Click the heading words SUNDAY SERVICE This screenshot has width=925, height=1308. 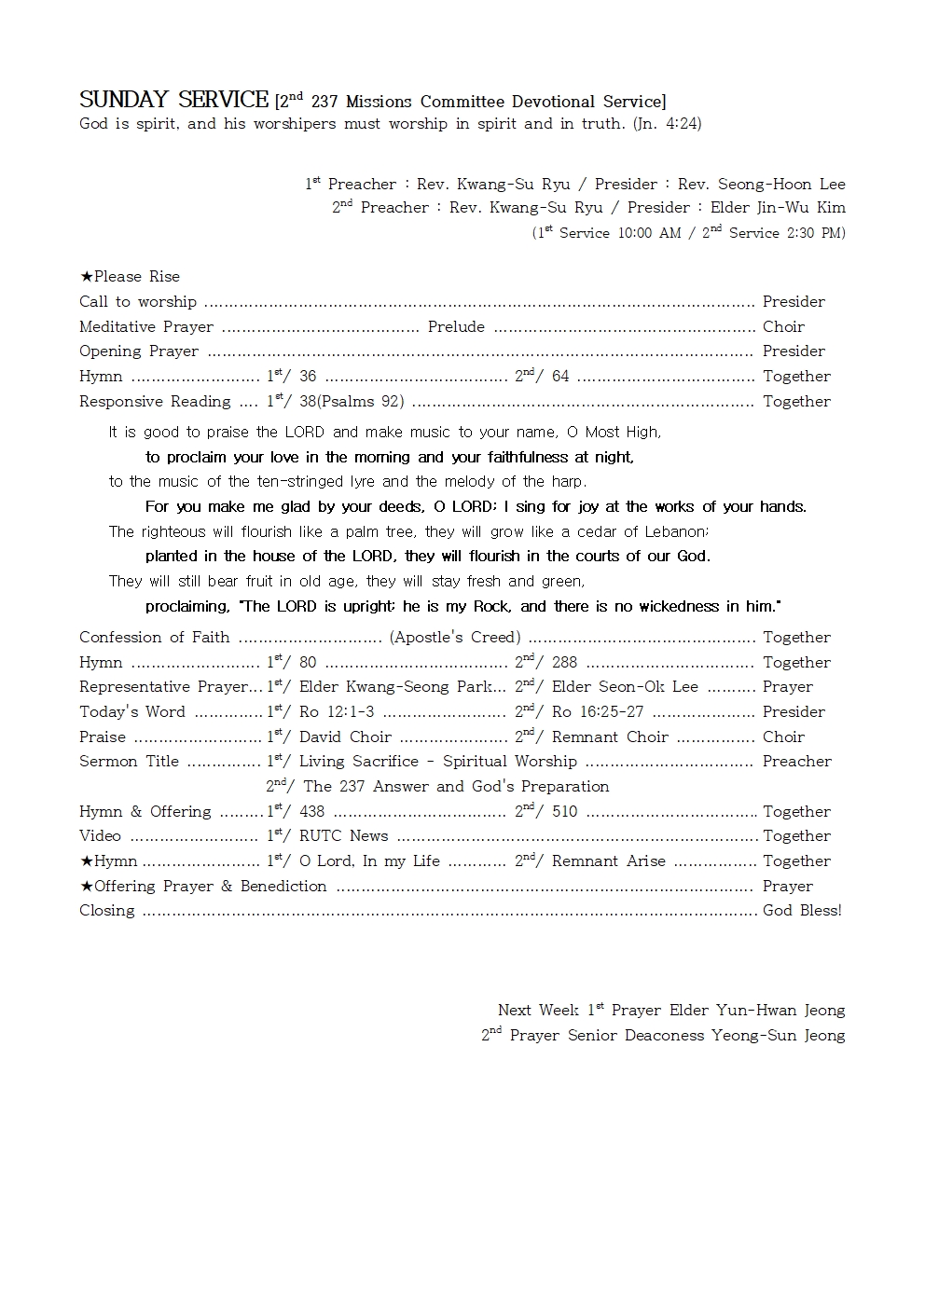173,100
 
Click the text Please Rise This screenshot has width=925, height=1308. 136,276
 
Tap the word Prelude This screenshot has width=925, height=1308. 456,326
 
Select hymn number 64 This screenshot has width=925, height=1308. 560,377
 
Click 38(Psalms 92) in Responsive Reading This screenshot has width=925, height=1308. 352,401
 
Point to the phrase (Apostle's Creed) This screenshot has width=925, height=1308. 455,638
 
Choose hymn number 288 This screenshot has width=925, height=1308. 564,663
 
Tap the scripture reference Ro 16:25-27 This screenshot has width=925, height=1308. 598,712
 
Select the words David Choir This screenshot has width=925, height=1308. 345,737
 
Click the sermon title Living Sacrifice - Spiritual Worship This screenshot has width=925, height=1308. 437,762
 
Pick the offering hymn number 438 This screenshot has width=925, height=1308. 311,812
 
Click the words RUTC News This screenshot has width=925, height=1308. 343,836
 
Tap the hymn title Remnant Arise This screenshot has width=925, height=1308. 608,861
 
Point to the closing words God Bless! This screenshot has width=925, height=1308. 802,911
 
